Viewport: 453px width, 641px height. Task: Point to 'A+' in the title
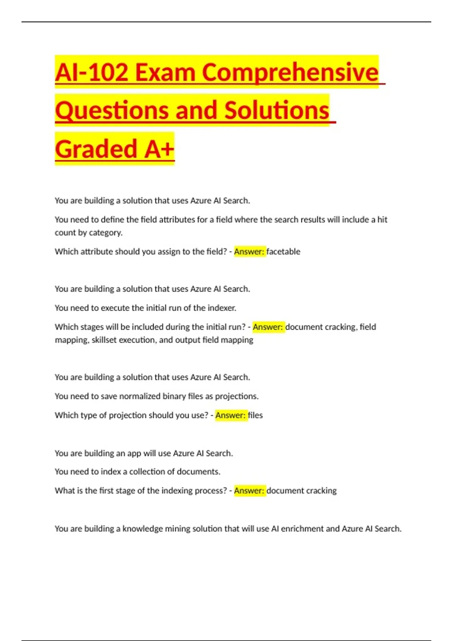159,149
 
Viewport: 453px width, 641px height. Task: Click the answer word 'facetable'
283,251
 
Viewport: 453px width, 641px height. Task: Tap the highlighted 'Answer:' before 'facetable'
250,251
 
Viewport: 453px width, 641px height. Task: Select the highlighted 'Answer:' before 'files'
231,415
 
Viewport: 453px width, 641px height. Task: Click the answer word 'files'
255,415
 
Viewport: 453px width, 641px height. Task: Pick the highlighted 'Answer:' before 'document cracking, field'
268,327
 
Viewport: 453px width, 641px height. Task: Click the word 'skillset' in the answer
104,340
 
